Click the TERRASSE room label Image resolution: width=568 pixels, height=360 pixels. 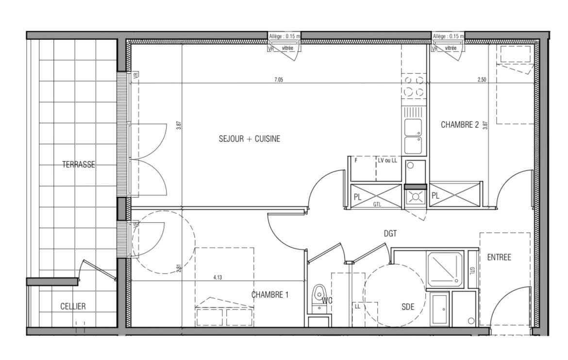pos(79,165)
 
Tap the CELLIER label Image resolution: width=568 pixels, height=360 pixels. pos(73,307)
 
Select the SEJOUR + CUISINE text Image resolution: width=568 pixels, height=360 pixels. pos(250,139)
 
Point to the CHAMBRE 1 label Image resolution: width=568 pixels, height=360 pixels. pos(270,295)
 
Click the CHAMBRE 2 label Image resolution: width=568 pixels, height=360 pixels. pos(460,125)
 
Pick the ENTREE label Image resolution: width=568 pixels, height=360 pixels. pos(499,257)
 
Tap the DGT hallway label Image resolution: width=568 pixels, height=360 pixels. pos(390,234)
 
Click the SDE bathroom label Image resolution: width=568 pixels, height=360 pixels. pos(408,307)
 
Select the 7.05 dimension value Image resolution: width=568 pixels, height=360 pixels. pos(279,80)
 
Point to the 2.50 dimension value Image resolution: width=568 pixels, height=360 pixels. pos(482,80)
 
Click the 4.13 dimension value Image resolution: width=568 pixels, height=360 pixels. pos(217,277)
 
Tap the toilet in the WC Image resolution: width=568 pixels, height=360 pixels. pos(319,298)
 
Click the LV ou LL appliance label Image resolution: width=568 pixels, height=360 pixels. pos(387,160)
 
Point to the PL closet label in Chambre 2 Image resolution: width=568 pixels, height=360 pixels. pos(435,196)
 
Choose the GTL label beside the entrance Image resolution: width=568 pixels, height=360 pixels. pos(472,271)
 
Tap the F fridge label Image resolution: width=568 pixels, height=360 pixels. pos(356,160)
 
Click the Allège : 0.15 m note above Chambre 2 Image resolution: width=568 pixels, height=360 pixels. pos(448,36)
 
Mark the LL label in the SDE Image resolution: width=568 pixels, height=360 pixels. pos(357,307)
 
